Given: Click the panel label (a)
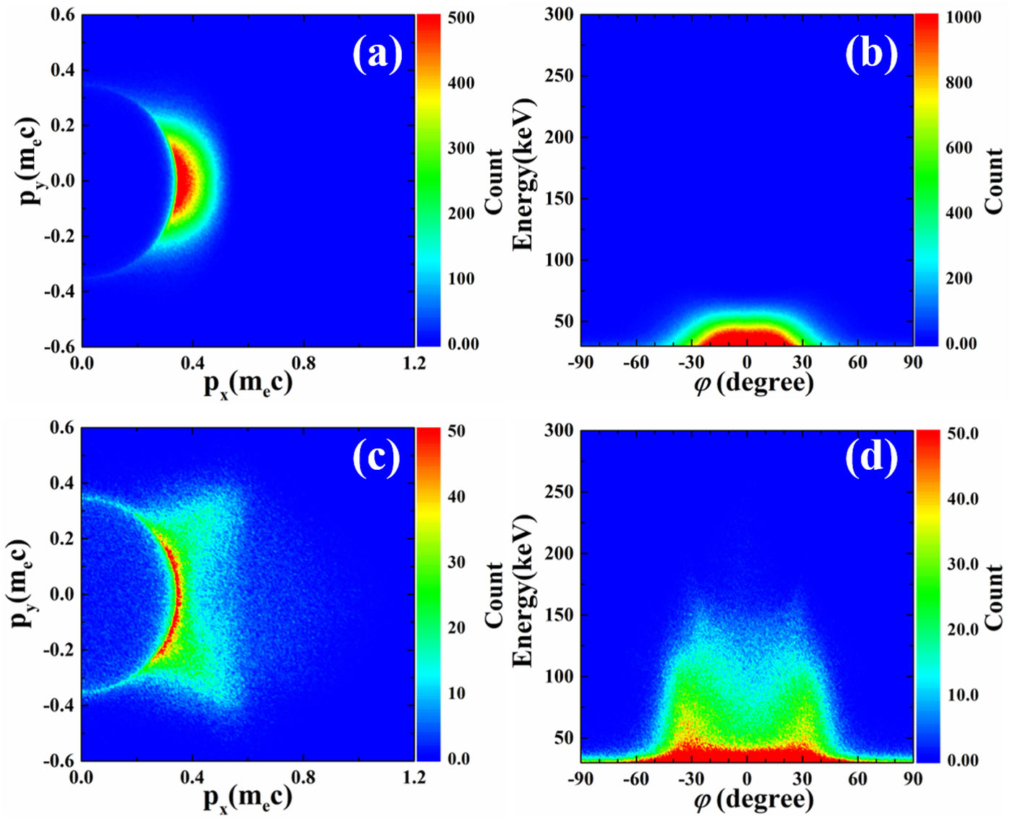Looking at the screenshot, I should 377,54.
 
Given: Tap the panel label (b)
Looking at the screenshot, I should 871,54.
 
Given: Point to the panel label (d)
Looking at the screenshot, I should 871,457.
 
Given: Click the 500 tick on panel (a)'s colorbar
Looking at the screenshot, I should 461,17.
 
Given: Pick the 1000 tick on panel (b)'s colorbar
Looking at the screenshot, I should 964,17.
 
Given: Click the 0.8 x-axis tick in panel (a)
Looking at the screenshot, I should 304,362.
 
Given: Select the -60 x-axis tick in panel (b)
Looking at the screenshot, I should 636,362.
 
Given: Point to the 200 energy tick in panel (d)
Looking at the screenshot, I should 559,554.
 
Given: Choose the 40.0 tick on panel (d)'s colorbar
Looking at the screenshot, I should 964,499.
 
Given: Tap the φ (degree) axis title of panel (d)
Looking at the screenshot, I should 754,799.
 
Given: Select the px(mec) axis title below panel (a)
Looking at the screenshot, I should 248,384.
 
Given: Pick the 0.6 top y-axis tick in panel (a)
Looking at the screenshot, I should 62,15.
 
